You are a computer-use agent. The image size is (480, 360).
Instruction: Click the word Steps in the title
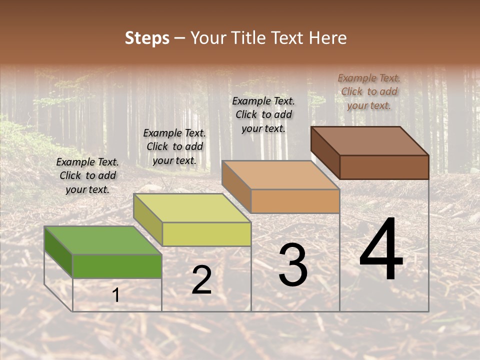coord(147,38)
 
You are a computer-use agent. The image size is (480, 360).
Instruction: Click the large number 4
coord(381,249)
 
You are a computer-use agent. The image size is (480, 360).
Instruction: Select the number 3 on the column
coord(292,265)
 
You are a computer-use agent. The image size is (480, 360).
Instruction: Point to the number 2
coord(201,280)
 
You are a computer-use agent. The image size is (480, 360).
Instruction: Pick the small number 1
coord(116,295)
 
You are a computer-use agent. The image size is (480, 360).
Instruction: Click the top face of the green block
coord(103,240)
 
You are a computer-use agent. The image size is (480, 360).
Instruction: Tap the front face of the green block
coord(117,266)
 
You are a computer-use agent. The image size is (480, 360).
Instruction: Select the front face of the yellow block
coord(206,234)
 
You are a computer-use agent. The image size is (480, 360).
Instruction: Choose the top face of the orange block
coord(280,175)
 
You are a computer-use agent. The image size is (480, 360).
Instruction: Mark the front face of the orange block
coord(295,201)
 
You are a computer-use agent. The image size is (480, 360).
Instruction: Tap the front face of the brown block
coord(384,167)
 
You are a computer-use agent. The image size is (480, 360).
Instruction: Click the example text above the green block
coord(87,175)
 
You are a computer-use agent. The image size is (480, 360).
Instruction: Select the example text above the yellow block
coord(174,146)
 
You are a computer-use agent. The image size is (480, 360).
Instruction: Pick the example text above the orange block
coord(263,114)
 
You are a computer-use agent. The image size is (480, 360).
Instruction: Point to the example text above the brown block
coord(369,91)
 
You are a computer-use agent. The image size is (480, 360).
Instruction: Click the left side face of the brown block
coord(325,152)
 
